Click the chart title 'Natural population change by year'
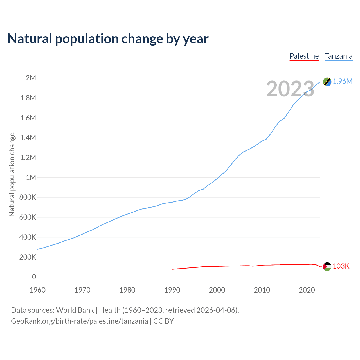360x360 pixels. pyautogui.click(x=108, y=39)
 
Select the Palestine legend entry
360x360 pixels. pyautogui.click(x=304, y=56)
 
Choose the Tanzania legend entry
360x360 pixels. pyautogui.click(x=339, y=56)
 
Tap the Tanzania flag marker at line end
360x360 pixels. pyautogui.click(x=327, y=82)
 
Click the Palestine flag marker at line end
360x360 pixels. pyautogui.click(x=327, y=266)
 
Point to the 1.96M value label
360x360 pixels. pyautogui.click(x=343, y=82)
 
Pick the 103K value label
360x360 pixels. pyautogui.click(x=341, y=266)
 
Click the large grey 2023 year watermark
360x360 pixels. pyautogui.click(x=290, y=89)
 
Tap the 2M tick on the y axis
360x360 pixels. pyautogui.click(x=31, y=78)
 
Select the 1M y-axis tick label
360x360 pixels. pyautogui.click(x=31, y=177)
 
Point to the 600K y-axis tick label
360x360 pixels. pyautogui.click(x=28, y=217)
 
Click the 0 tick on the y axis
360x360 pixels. pyautogui.click(x=34, y=277)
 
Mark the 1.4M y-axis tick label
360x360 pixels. pyautogui.click(x=28, y=138)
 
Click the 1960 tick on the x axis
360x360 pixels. pyautogui.click(x=37, y=290)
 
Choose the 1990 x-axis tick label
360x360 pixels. pyautogui.click(x=172, y=290)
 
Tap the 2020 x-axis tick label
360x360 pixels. pyautogui.click(x=307, y=290)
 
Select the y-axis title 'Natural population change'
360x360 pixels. pyautogui.click(x=12, y=175)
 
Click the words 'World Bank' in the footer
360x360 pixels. pyautogui.click(x=75, y=310)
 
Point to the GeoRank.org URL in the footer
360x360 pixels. pyautogui.click(x=79, y=321)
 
